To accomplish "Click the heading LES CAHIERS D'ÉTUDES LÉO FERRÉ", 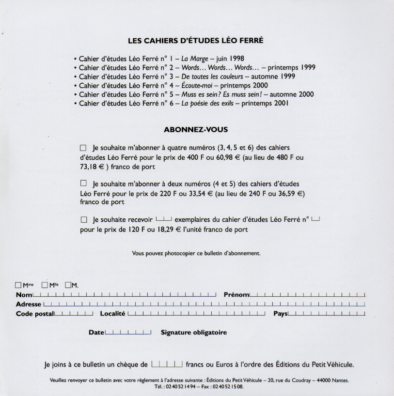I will point(195,41).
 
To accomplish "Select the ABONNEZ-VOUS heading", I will point(196,130).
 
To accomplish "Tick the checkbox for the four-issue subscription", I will point(83,147).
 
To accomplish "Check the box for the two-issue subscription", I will point(83,183).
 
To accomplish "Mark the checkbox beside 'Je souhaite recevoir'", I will point(83,220).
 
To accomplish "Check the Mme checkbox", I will point(18,285).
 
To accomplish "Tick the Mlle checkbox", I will point(45,285).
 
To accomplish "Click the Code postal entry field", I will point(74,314).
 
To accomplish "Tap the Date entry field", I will point(128,333).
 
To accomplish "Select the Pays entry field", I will point(327,314).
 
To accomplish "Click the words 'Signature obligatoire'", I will point(194,333).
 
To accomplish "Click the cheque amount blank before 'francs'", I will point(167,364).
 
